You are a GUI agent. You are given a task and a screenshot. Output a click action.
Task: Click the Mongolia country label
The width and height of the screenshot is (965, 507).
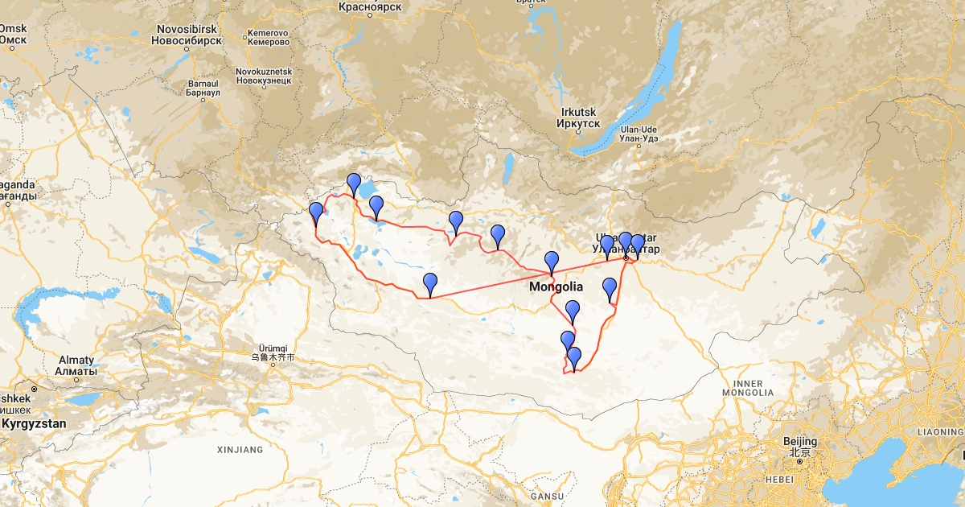coord(556,286)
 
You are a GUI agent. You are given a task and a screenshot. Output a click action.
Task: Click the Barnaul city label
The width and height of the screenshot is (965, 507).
coord(203,87)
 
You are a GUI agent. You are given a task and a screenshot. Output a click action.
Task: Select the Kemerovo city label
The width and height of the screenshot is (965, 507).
coord(268,37)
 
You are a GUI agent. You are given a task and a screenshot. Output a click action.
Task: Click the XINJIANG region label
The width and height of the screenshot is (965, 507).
coord(240,449)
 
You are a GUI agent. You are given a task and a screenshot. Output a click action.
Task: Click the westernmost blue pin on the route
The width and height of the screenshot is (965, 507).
coord(316,212)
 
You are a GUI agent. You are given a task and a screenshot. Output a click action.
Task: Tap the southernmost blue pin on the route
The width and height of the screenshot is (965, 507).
coord(574,357)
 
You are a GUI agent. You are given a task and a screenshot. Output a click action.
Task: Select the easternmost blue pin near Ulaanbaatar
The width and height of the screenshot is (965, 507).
coord(638,244)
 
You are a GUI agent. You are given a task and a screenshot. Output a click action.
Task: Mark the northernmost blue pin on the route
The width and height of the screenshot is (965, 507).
coord(353,183)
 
